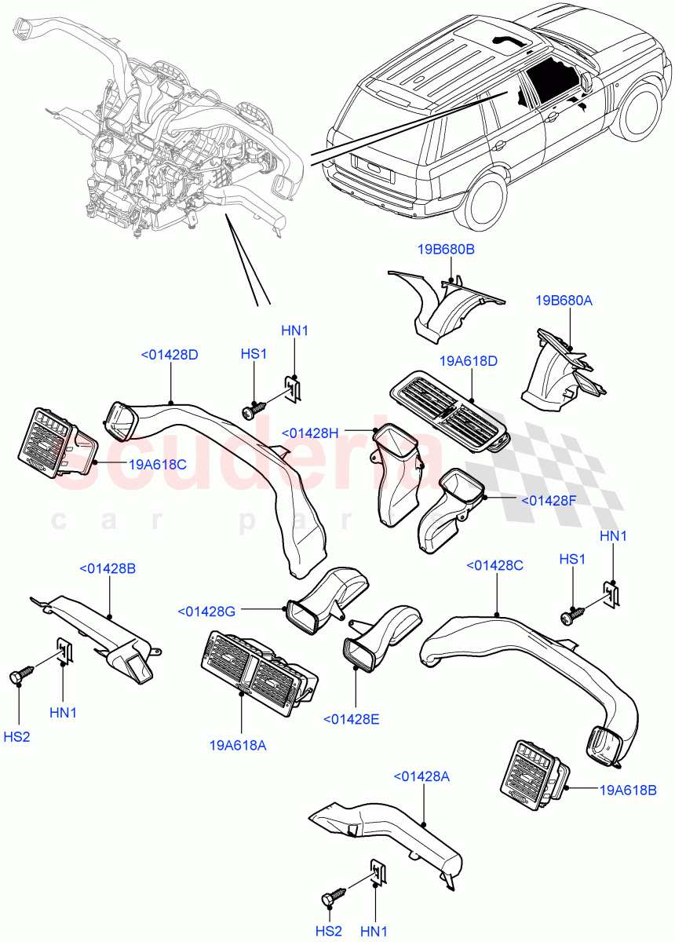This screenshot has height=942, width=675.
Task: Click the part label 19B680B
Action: (x=445, y=250)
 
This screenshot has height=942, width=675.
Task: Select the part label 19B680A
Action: (x=564, y=301)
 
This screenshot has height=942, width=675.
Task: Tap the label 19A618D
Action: (x=469, y=361)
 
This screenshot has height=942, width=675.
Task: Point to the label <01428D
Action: (x=169, y=355)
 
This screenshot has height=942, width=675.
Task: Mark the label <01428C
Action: (x=494, y=565)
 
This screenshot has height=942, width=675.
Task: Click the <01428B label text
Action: (x=107, y=568)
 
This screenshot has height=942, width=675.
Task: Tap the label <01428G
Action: (x=207, y=611)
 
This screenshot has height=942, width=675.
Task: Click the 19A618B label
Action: (x=626, y=790)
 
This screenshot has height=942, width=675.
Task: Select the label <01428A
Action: (x=421, y=776)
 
